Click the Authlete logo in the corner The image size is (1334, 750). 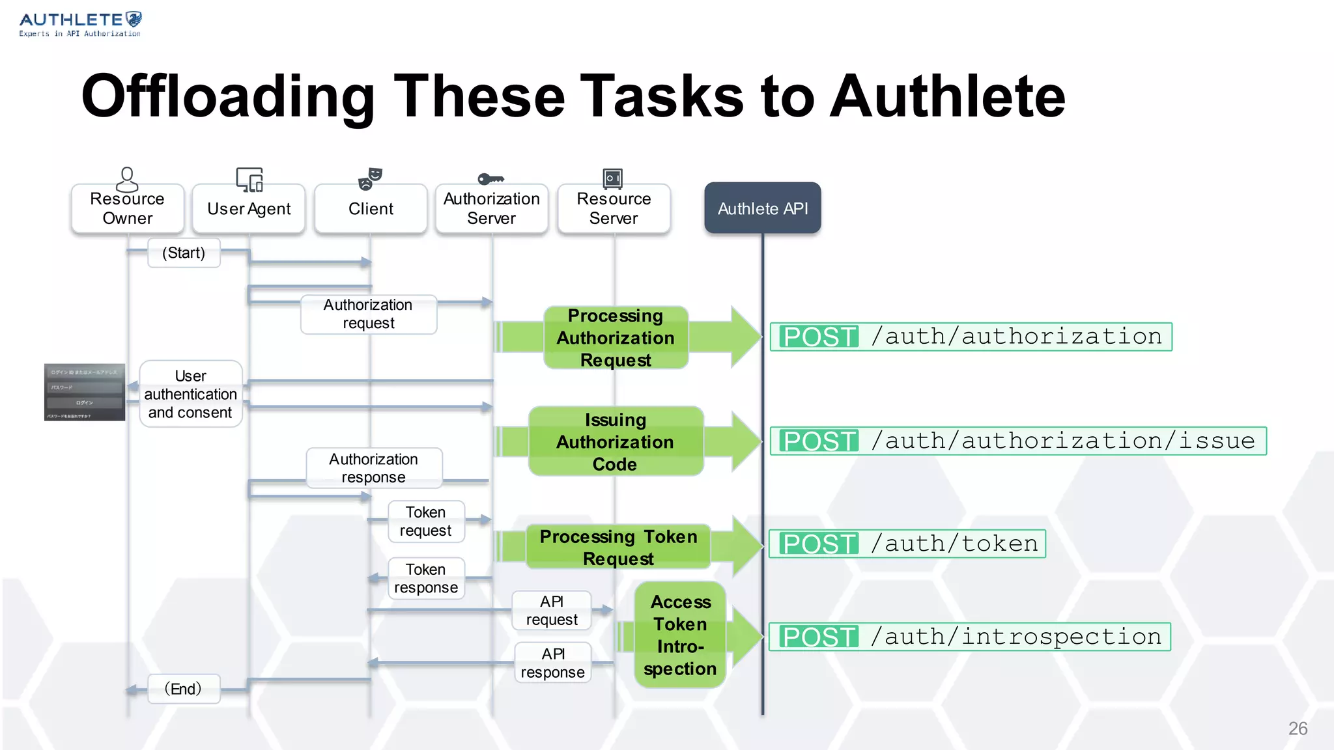(80, 24)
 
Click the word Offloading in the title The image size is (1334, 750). (227, 97)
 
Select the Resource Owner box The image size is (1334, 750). (128, 208)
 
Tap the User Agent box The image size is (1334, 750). (249, 209)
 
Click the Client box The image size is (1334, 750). (371, 209)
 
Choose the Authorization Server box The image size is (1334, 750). (492, 208)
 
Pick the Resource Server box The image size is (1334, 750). (614, 208)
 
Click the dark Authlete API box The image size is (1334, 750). (762, 208)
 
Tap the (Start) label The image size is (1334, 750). (184, 253)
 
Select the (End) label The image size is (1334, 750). (183, 689)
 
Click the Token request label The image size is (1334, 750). (426, 521)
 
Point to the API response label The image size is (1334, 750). (552, 663)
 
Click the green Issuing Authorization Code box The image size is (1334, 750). (616, 441)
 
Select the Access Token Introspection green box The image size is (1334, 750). (680, 635)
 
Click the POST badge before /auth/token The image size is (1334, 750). (819, 544)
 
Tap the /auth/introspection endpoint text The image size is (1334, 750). (1016, 637)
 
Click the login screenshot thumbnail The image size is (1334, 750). (85, 392)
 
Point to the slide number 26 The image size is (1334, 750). (1297, 728)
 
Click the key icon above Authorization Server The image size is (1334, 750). (490, 178)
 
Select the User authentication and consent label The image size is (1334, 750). (191, 394)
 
